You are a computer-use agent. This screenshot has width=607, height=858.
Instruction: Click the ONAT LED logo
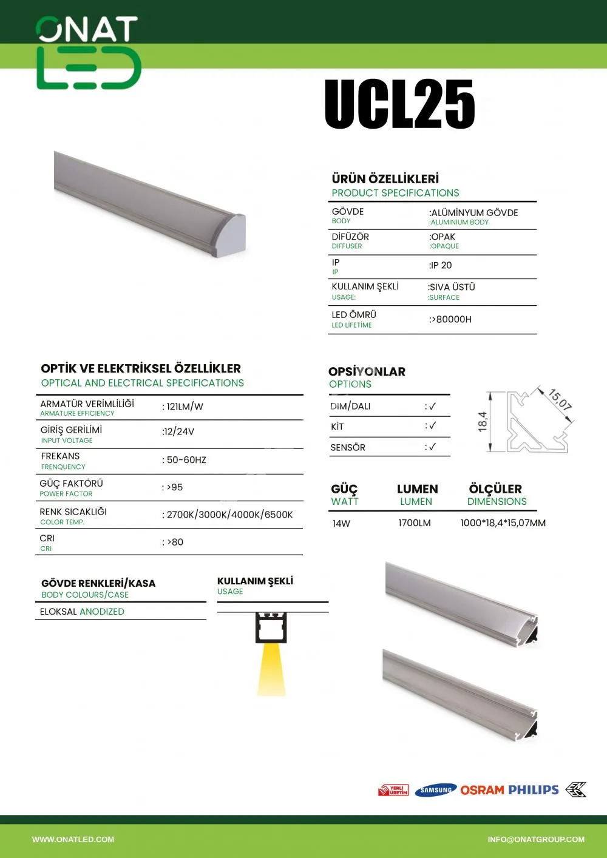[89, 53]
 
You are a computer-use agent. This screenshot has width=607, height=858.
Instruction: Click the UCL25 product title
[399, 104]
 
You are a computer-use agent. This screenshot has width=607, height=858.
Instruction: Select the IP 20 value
[441, 266]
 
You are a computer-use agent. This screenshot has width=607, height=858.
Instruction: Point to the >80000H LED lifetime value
[451, 319]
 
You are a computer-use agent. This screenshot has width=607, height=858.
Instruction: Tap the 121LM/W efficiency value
[183, 407]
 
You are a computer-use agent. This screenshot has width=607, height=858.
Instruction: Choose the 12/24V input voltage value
[178, 431]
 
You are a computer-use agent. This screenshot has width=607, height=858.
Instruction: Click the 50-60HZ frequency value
[185, 460]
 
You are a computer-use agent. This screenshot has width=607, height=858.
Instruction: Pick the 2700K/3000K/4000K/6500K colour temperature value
[228, 515]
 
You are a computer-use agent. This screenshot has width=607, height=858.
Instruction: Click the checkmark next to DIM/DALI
[431, 406]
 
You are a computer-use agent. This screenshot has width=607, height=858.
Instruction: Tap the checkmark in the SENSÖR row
[431, 447]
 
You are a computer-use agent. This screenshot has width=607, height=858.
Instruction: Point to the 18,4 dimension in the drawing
[483, 422]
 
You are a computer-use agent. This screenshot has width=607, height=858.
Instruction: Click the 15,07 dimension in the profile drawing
[560, 399]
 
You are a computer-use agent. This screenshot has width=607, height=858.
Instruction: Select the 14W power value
[341, 523]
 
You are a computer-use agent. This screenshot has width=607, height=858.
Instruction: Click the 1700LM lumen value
[415, 523]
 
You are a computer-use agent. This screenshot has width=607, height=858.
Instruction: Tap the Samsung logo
[436, 790]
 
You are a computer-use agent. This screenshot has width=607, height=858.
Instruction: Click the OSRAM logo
[482, 790]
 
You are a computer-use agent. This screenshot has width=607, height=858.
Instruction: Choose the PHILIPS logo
[534, 790]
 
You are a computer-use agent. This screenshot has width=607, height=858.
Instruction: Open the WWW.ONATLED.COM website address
[73, 840]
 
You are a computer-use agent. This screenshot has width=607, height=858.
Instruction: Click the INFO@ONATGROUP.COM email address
[536, 840]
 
